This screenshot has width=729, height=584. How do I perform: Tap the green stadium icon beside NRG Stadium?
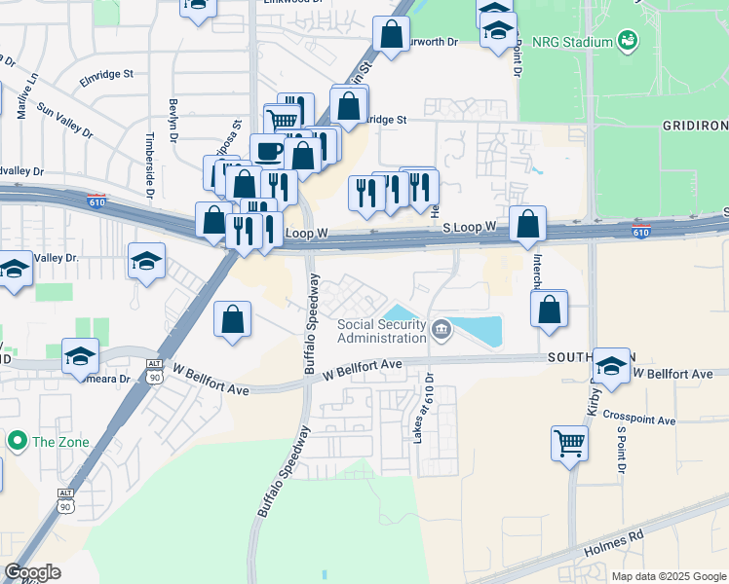coord(628,41)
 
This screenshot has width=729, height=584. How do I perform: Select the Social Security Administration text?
coord(382,331)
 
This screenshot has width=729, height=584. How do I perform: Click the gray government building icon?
coord(441,331)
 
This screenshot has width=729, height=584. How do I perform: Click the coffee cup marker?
coord(268,152)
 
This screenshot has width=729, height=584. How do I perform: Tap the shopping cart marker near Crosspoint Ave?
coord(569,444)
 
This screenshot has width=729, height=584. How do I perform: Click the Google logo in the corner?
coord(31,572)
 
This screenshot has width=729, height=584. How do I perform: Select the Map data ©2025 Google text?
coord(668,576)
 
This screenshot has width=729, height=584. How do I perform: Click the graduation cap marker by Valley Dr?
coord(146,261)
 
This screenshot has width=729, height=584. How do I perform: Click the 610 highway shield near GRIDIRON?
coord(640,232)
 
